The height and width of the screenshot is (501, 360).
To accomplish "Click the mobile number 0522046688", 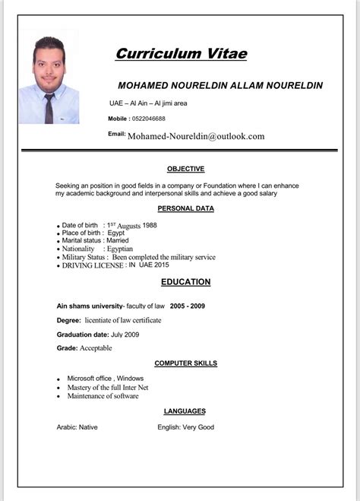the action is (x=148, y=119).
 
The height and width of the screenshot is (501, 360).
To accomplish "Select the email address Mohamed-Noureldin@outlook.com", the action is (x=196, y=136).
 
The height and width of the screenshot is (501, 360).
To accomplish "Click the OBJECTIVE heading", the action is (x=186, y=169).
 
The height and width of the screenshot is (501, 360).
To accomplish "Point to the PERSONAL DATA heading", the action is (x=185, y=208).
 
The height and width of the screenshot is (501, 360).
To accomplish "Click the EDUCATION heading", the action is (x=185, y=282).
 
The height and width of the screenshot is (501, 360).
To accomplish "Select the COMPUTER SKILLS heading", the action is (x=185, y=363).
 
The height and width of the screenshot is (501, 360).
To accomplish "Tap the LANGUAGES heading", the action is (x=185, y=411).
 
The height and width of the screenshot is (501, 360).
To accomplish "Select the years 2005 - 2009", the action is (x=187, y=306).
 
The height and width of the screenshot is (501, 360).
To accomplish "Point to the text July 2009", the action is (x=127, y=335).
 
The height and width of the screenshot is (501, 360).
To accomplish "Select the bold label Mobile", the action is (x=118, y=119).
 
